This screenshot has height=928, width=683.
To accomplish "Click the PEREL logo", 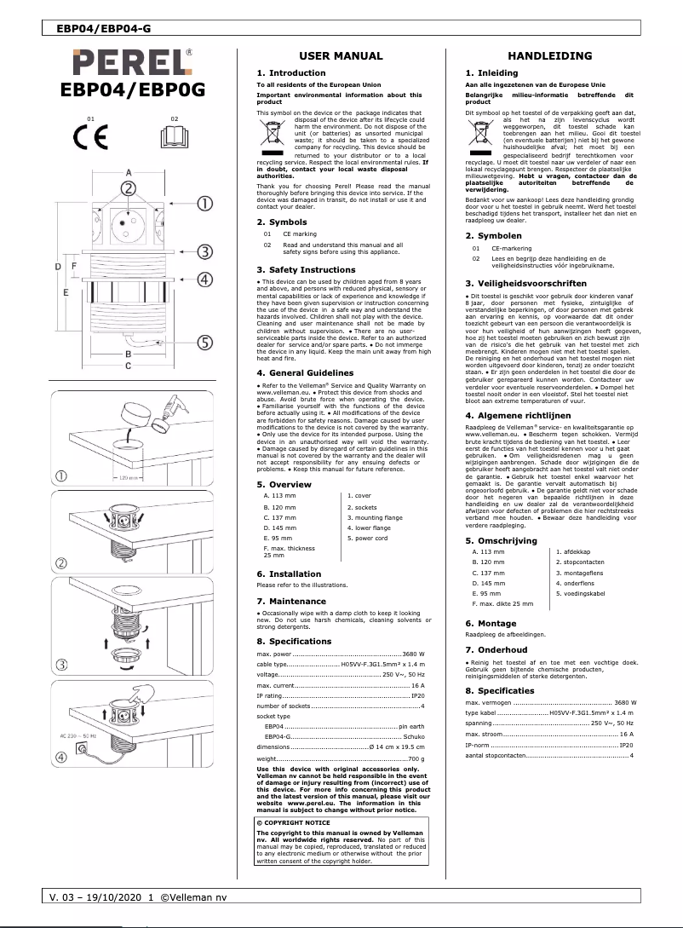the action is pos(133,62).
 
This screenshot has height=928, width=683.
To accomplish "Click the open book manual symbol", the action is pos(174,135).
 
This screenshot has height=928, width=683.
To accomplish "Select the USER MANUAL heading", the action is pos(341,56).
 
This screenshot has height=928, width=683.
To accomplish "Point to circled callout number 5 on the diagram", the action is pos(205,343).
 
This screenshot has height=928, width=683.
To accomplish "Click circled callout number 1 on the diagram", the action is pos(205,203).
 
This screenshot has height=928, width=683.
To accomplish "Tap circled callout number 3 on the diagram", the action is pos(205,251).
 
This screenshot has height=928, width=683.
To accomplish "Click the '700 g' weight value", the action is pos(416,758).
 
